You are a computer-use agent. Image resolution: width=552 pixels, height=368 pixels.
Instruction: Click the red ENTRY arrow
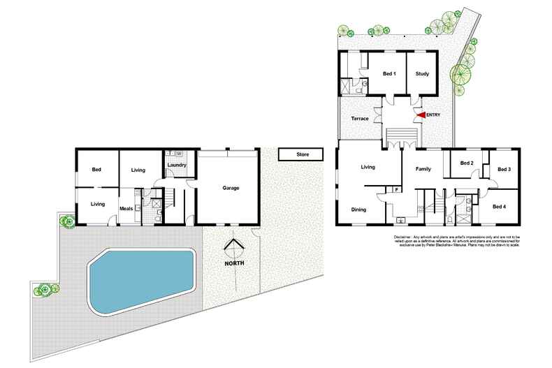(x=421, y=117)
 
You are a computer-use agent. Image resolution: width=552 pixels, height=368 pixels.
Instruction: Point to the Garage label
(x=231, y=188)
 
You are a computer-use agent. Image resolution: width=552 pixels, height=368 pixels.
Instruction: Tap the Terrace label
(x=359, y=119)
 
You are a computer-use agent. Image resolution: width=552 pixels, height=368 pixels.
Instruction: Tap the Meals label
(x=126, y=207)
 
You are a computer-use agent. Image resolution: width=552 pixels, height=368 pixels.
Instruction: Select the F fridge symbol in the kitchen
(x=396, y=189)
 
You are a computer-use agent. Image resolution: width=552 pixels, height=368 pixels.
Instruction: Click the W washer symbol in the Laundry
(x=180, y=154)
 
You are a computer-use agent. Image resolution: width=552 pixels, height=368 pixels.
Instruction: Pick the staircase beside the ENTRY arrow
(x=400, y=134)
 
